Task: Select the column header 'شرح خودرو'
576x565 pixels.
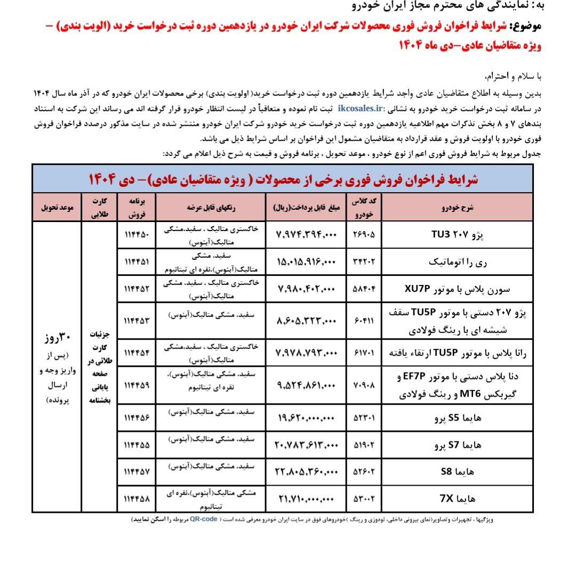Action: pos(458,208)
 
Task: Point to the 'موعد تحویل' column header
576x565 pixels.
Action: pos(56,208)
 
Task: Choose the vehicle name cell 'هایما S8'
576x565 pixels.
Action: pos(458,472)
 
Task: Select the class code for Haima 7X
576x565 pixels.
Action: pos(365,499)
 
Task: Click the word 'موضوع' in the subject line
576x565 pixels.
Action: pos(526,26)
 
